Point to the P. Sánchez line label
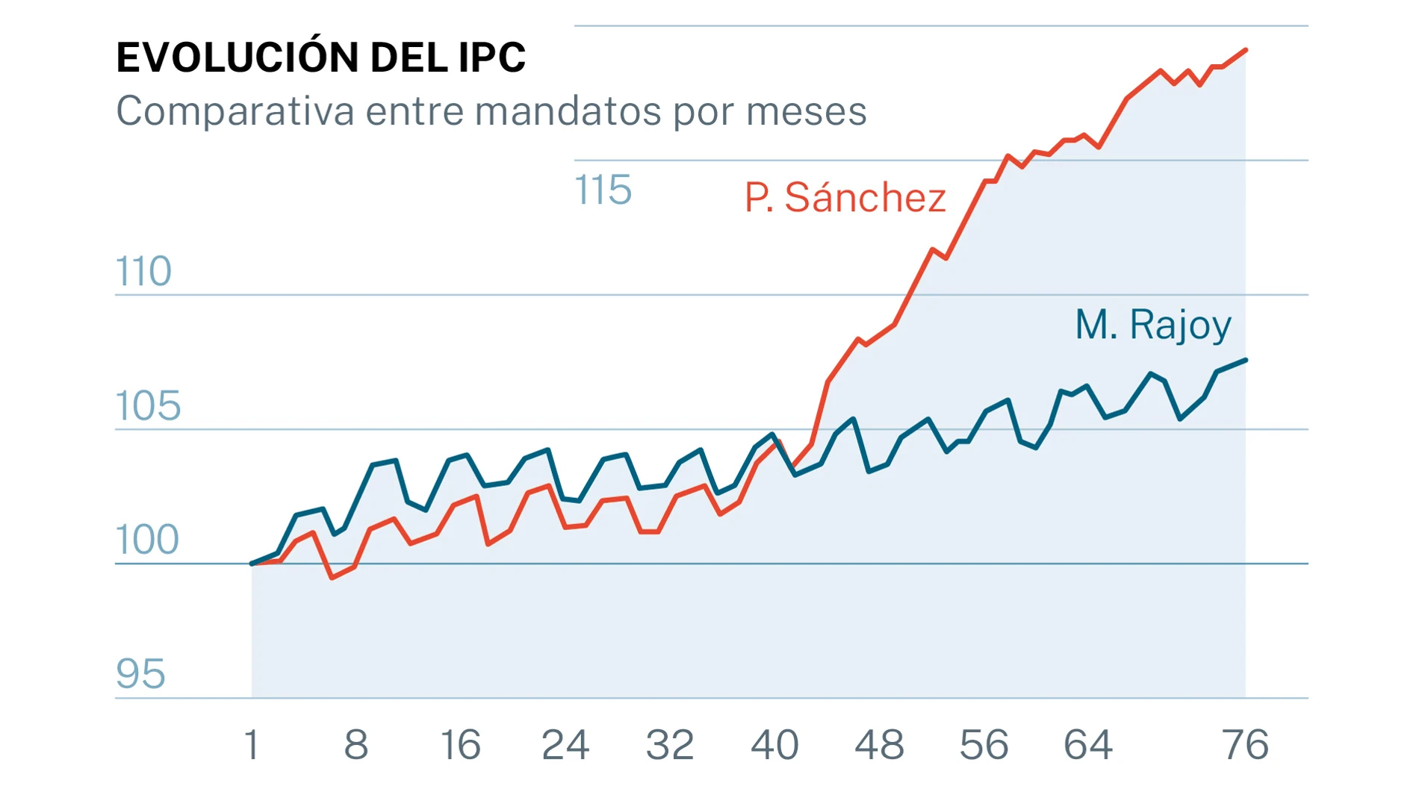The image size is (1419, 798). click(x=845, y=198)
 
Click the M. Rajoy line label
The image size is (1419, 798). click(x=1152, y=325)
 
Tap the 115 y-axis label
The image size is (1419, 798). click(x=603, y=190)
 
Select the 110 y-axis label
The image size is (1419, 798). click(x=143, y=272)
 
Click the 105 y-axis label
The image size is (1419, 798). click(x=148, y=406)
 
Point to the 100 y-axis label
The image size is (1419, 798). click(x=147, y=540)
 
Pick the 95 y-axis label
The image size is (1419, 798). click(x=140, y=674)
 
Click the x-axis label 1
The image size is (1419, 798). click(x=252, y=745)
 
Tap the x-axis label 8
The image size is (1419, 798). click(x=356, y=745)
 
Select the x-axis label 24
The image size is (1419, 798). click(x=565, y=745)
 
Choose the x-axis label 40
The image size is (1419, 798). click(x=774, y=745)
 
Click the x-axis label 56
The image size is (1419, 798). click(x=984, y=745)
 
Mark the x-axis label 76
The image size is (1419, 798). click(x=1245, y=745)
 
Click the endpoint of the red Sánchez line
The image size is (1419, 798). click(x=1246, y=50)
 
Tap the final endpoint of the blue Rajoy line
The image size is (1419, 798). click(x=1246, y=361)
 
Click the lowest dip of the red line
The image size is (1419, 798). click(x=332, y=578)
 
